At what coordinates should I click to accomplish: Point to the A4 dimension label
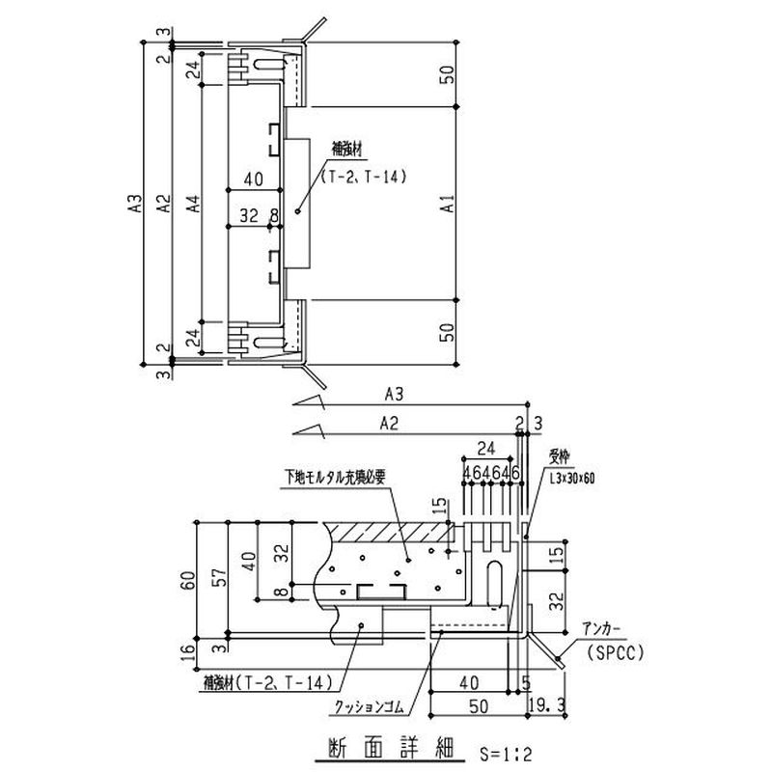click(194, 204)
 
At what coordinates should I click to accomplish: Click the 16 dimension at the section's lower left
click(187, 655)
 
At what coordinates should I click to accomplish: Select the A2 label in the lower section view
click(390, 422)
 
